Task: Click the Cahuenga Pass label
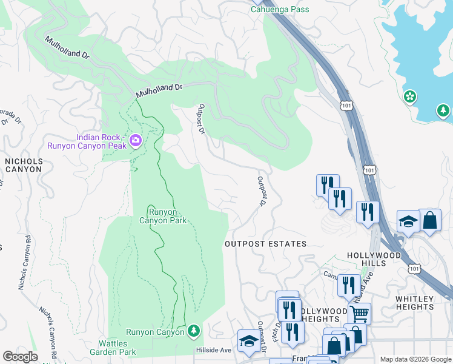tap(280, 9)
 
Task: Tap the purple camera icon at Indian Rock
tap(135, 141)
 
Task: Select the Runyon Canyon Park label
tap(165, 216)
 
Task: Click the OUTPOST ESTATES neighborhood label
tap(265, 244)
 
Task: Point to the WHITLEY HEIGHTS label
tap(414, 303)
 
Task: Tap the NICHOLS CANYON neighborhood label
tap(23, 165)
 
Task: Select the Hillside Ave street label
tap(214, 350)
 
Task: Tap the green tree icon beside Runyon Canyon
tap(193, 331)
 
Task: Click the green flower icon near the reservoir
tap(410, 96)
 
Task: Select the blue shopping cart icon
tap(359, 314)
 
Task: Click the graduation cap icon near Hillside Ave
tap(248, 341)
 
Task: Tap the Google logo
tap(20, 357)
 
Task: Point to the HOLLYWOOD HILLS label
tap(374, 260)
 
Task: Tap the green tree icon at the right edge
tap(443, 110)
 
